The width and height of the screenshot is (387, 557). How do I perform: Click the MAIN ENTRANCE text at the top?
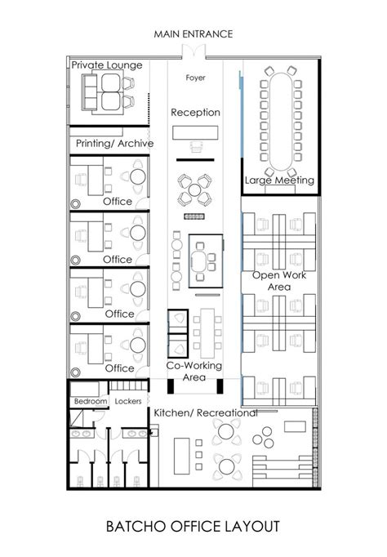click(193, 33)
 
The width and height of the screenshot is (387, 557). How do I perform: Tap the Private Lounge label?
click(107, 65)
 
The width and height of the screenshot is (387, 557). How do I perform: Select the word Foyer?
click(195, 78)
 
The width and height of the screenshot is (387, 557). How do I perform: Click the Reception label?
click(195, 112)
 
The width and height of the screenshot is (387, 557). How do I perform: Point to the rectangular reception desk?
click(195, 131)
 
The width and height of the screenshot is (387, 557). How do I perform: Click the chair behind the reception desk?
click(195, 147)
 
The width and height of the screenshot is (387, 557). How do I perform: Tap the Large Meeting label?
click(280, 180)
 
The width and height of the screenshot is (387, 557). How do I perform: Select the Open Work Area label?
click(279, 281)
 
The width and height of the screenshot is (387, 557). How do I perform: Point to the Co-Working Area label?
click(194, 372)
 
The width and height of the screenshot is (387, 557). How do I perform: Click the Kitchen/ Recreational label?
click(206, 413)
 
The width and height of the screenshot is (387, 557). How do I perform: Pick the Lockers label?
click(129, 402)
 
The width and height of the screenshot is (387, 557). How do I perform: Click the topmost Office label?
click(118, 202)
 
